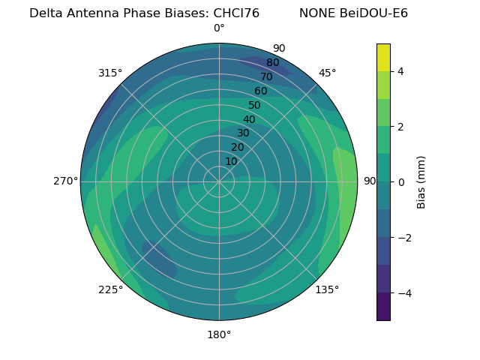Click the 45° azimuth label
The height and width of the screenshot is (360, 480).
[x=327, y=73]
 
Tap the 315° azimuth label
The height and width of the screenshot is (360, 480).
[x=109, y=73]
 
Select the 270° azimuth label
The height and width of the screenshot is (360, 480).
[x=65, y=181]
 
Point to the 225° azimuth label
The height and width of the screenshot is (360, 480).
[x=110, y=290]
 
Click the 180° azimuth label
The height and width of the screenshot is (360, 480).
[x=219, y=334]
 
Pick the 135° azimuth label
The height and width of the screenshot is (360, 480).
[x=327, y=289]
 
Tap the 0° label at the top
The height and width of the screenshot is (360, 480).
[x=219, y=28]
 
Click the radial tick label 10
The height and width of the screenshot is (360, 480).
[x=232, y=161]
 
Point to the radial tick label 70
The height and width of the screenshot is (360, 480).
[x=266, y=76]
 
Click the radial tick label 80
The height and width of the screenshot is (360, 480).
[x=272, y=62]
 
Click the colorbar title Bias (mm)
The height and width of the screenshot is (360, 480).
[x=421, y=181]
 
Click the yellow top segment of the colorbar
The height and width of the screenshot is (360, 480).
[x=383, y=57]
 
